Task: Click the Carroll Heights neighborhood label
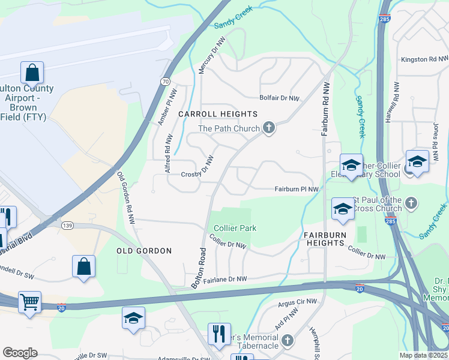point(218,114)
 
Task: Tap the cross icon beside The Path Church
point(269,128)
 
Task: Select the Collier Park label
point(235,228)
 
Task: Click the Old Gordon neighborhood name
point(143,251)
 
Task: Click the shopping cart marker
point(29,302)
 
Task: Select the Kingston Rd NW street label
point(424,59)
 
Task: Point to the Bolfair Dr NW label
point(279,98)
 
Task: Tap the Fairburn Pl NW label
point(297,189)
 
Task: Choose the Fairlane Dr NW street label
point(226,279)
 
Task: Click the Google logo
point(20,353)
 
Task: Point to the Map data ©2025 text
point(423,355)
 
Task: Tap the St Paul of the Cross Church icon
point(411,202)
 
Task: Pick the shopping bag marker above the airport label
point(32,73)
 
